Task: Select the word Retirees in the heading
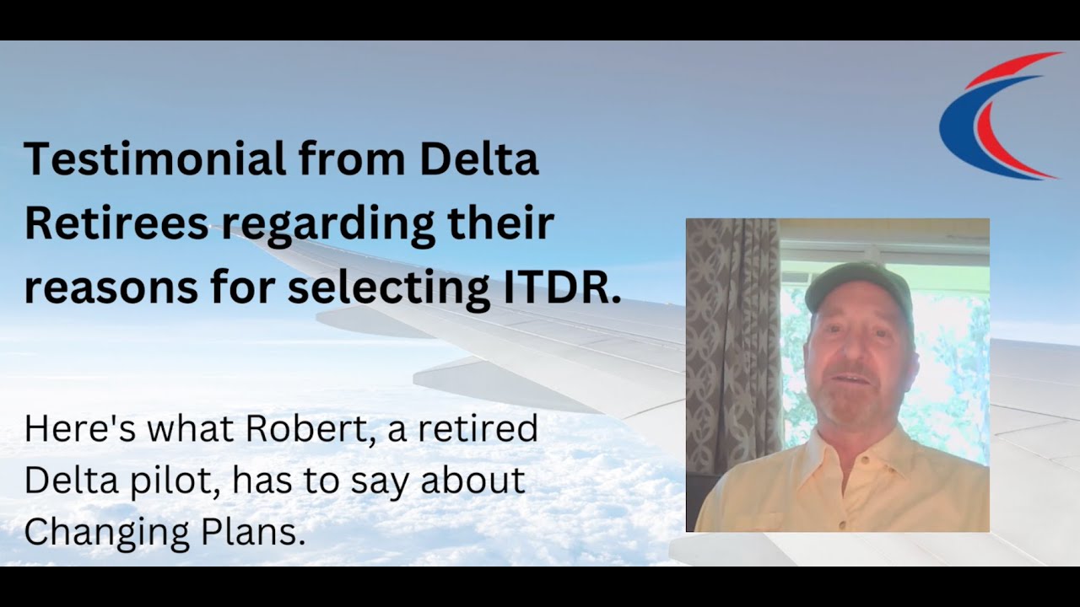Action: click(116, 224)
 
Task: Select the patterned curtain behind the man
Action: click(730, 337)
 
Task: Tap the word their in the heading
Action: click(507, 224)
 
